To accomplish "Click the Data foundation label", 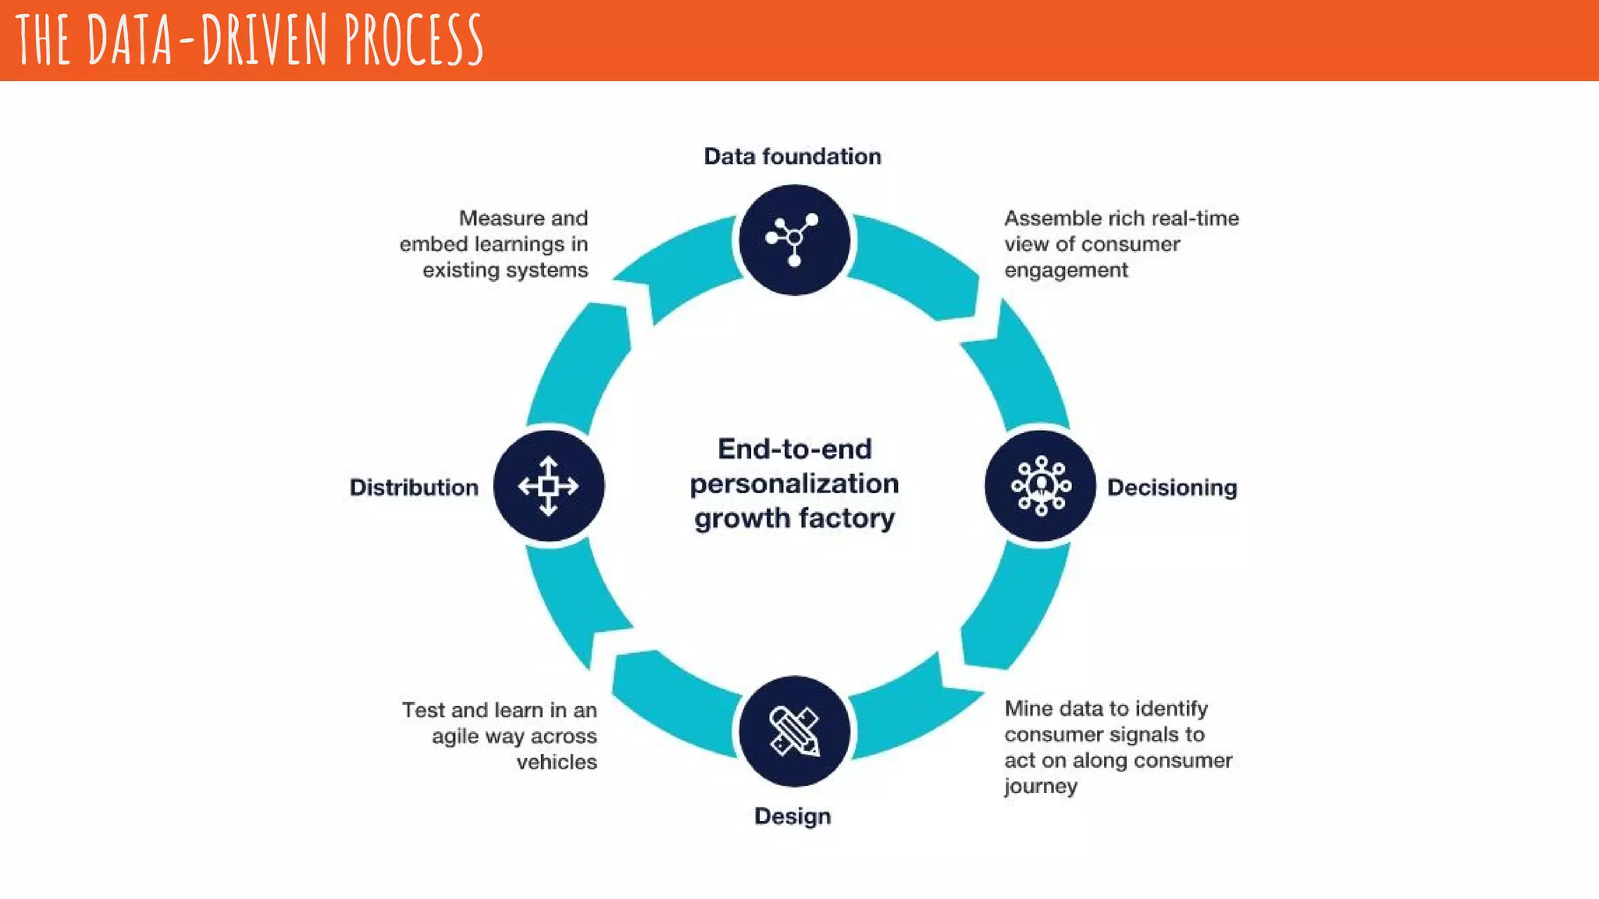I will pyautogui.click(x=792, y=157).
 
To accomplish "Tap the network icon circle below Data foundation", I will pyautogui.click(x=794, y=240).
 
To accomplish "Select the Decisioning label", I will pyautogui.click(x=1171, y=488).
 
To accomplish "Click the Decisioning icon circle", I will pyautogui.click(x=1040, y=485).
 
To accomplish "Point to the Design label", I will pyautogui.click(x=792, y=816).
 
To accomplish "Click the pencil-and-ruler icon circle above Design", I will pyautogui.click(x=794, y=731).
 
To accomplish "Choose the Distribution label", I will pyautogui.click(x=414, y=488).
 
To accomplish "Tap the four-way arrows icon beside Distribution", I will pyautogui.click(x=548, y=485).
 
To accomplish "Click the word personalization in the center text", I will pyautogui.click(x=794, y=484).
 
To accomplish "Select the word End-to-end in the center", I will pyautogui.click(x=794, y=449).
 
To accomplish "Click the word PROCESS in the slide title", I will pyautogui.click(x=414, y=41).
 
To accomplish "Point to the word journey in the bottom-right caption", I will pyautogui.click(x=1040, y=786).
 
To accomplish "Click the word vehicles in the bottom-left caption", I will pyautogui.click(x=556, y=762).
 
